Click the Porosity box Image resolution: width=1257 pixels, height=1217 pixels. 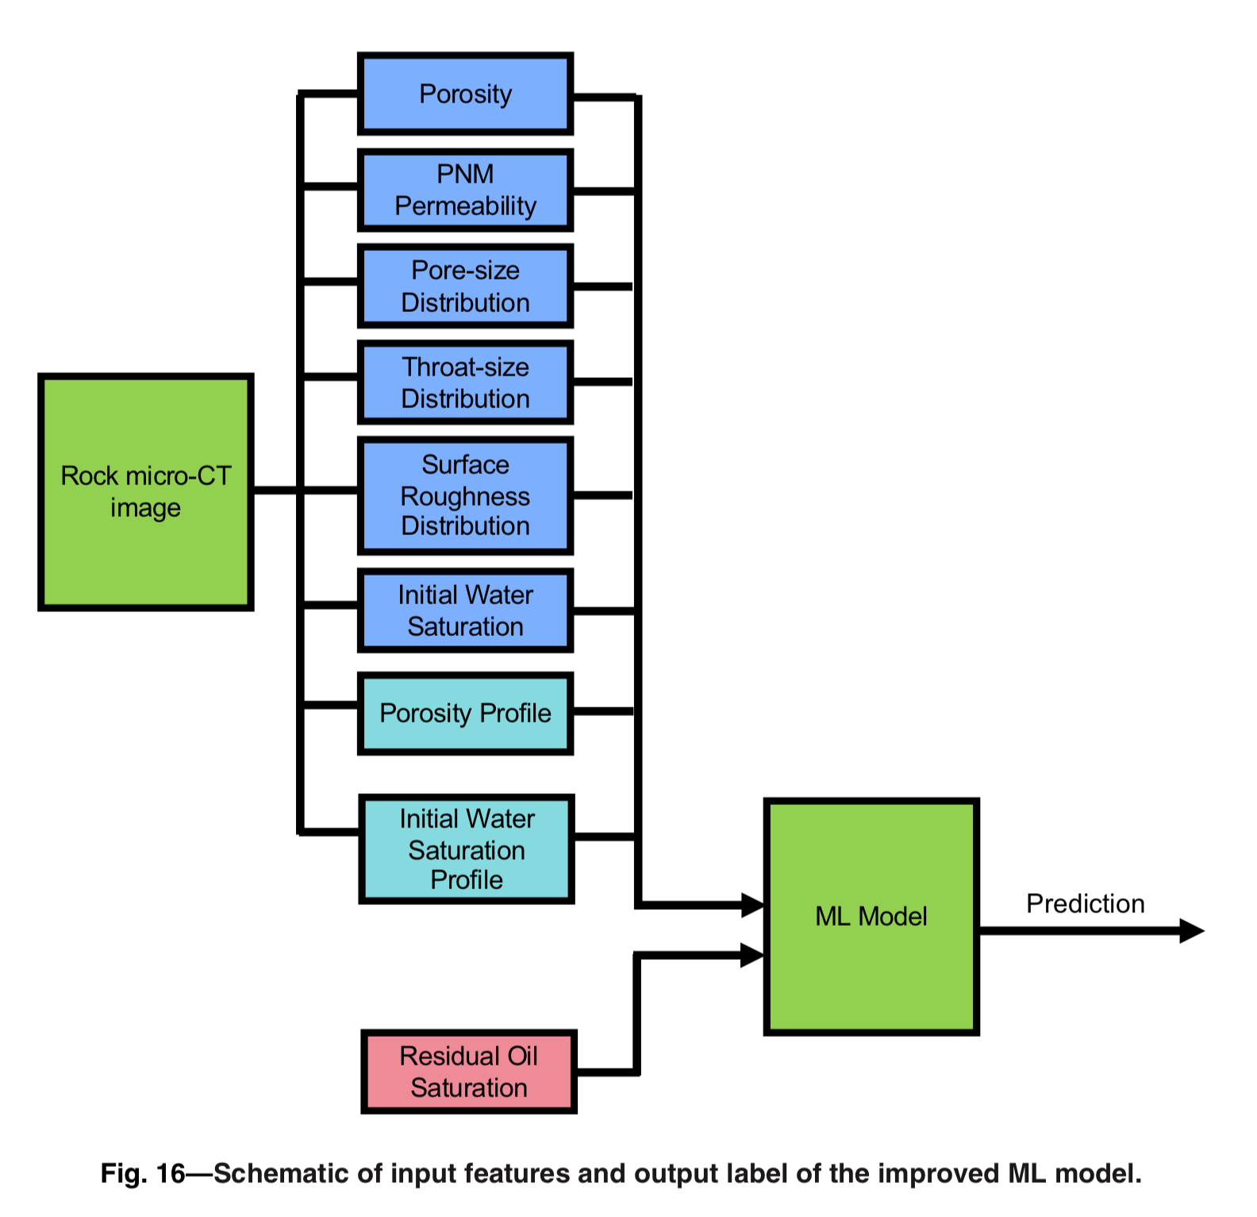pyautogui.click(x=465, y=94)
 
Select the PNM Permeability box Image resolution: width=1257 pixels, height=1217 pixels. pyautogui.click(x=465, y=191)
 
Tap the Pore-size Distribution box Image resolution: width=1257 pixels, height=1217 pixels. pyautogui.click(x=465, y=287)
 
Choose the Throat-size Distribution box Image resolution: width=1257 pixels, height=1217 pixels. pyautogui.click(x=465, y=383)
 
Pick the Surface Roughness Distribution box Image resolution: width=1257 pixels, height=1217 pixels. pyautogui.click(x=465, y=495)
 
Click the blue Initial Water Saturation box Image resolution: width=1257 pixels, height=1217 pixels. pyautogui.click(x=465, y=610)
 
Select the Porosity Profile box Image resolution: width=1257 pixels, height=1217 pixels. pyautogui.click(x=465, y=713)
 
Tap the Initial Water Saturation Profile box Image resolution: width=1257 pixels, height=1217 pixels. pyautogui.click(x=466, y=849)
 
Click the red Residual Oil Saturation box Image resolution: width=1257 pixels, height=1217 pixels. pyautogui.click(x=468, y=1072)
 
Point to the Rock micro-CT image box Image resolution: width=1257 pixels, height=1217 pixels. pyautogui.click(x=146, y=492)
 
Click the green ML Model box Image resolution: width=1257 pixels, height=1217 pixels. pyautogui.click(x=871, y=917)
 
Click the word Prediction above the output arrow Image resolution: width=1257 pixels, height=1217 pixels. pyautogui.click(x=1085, y=903)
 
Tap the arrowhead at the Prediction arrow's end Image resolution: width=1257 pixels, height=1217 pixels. pyautogui.click(x=1193, y=930)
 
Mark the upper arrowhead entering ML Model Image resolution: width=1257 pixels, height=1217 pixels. pyautogui.click(x=752, y=904)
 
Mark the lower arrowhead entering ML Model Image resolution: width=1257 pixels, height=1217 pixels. pyautogui.click(x=752, y=955)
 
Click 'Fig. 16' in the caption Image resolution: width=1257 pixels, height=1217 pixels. pyautogui.click(x=142, y=1173)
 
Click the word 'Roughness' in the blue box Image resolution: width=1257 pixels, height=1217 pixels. pyautogui.click(x=465, y=496)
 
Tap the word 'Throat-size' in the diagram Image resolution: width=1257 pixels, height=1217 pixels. pyautogui.click(x=465, y=367)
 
